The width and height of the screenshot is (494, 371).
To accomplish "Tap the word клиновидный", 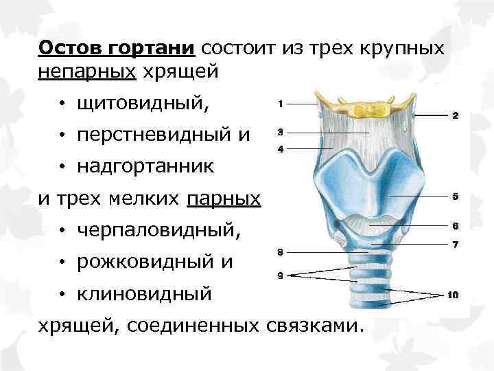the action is pyautogui.click(x=144, y=293).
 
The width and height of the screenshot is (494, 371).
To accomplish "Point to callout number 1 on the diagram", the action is pyautogui.click(x=281, y=103).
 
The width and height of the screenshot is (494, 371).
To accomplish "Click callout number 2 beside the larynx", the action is pyautogui.click(x=454, y=116).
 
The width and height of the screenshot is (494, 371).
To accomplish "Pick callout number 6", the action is pyautogui.click(x=454, y=225).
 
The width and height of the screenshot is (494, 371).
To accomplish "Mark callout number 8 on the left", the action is pyautogui.click(x=281, y=253).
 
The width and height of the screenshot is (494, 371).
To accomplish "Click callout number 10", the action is pyautogui.click(x=453, y=295).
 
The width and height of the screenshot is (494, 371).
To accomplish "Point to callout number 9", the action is pyautogui.click(x=281, y=275).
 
